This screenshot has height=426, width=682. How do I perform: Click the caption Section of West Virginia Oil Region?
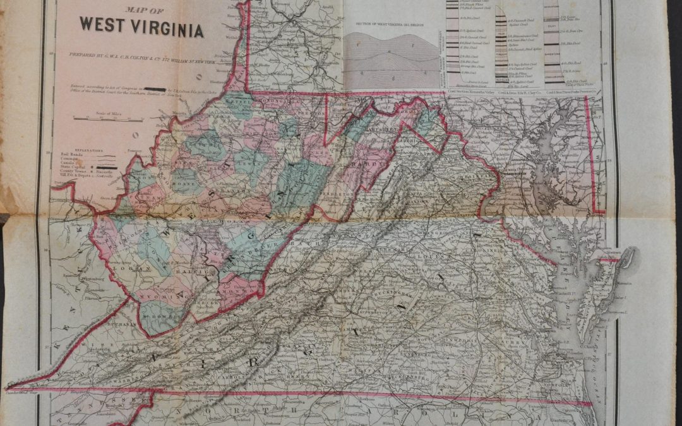(389, 24)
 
